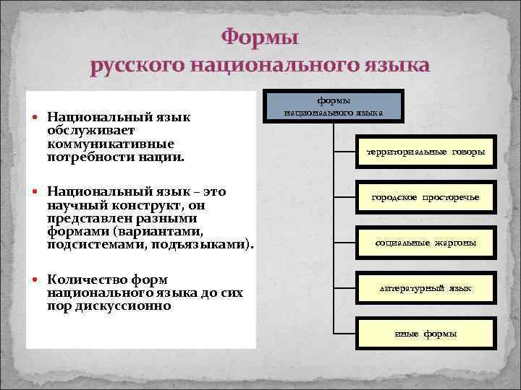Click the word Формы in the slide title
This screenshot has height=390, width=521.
(260, 35)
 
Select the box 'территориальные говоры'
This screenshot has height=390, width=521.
(425, 152)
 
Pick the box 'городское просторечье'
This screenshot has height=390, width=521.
(425, 197)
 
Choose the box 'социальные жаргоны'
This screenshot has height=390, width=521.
(425, 243)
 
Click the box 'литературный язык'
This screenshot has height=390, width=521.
(425, 287)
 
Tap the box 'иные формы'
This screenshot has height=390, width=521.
(425, 334)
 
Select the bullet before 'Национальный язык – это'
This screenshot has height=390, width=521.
(36, 193)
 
